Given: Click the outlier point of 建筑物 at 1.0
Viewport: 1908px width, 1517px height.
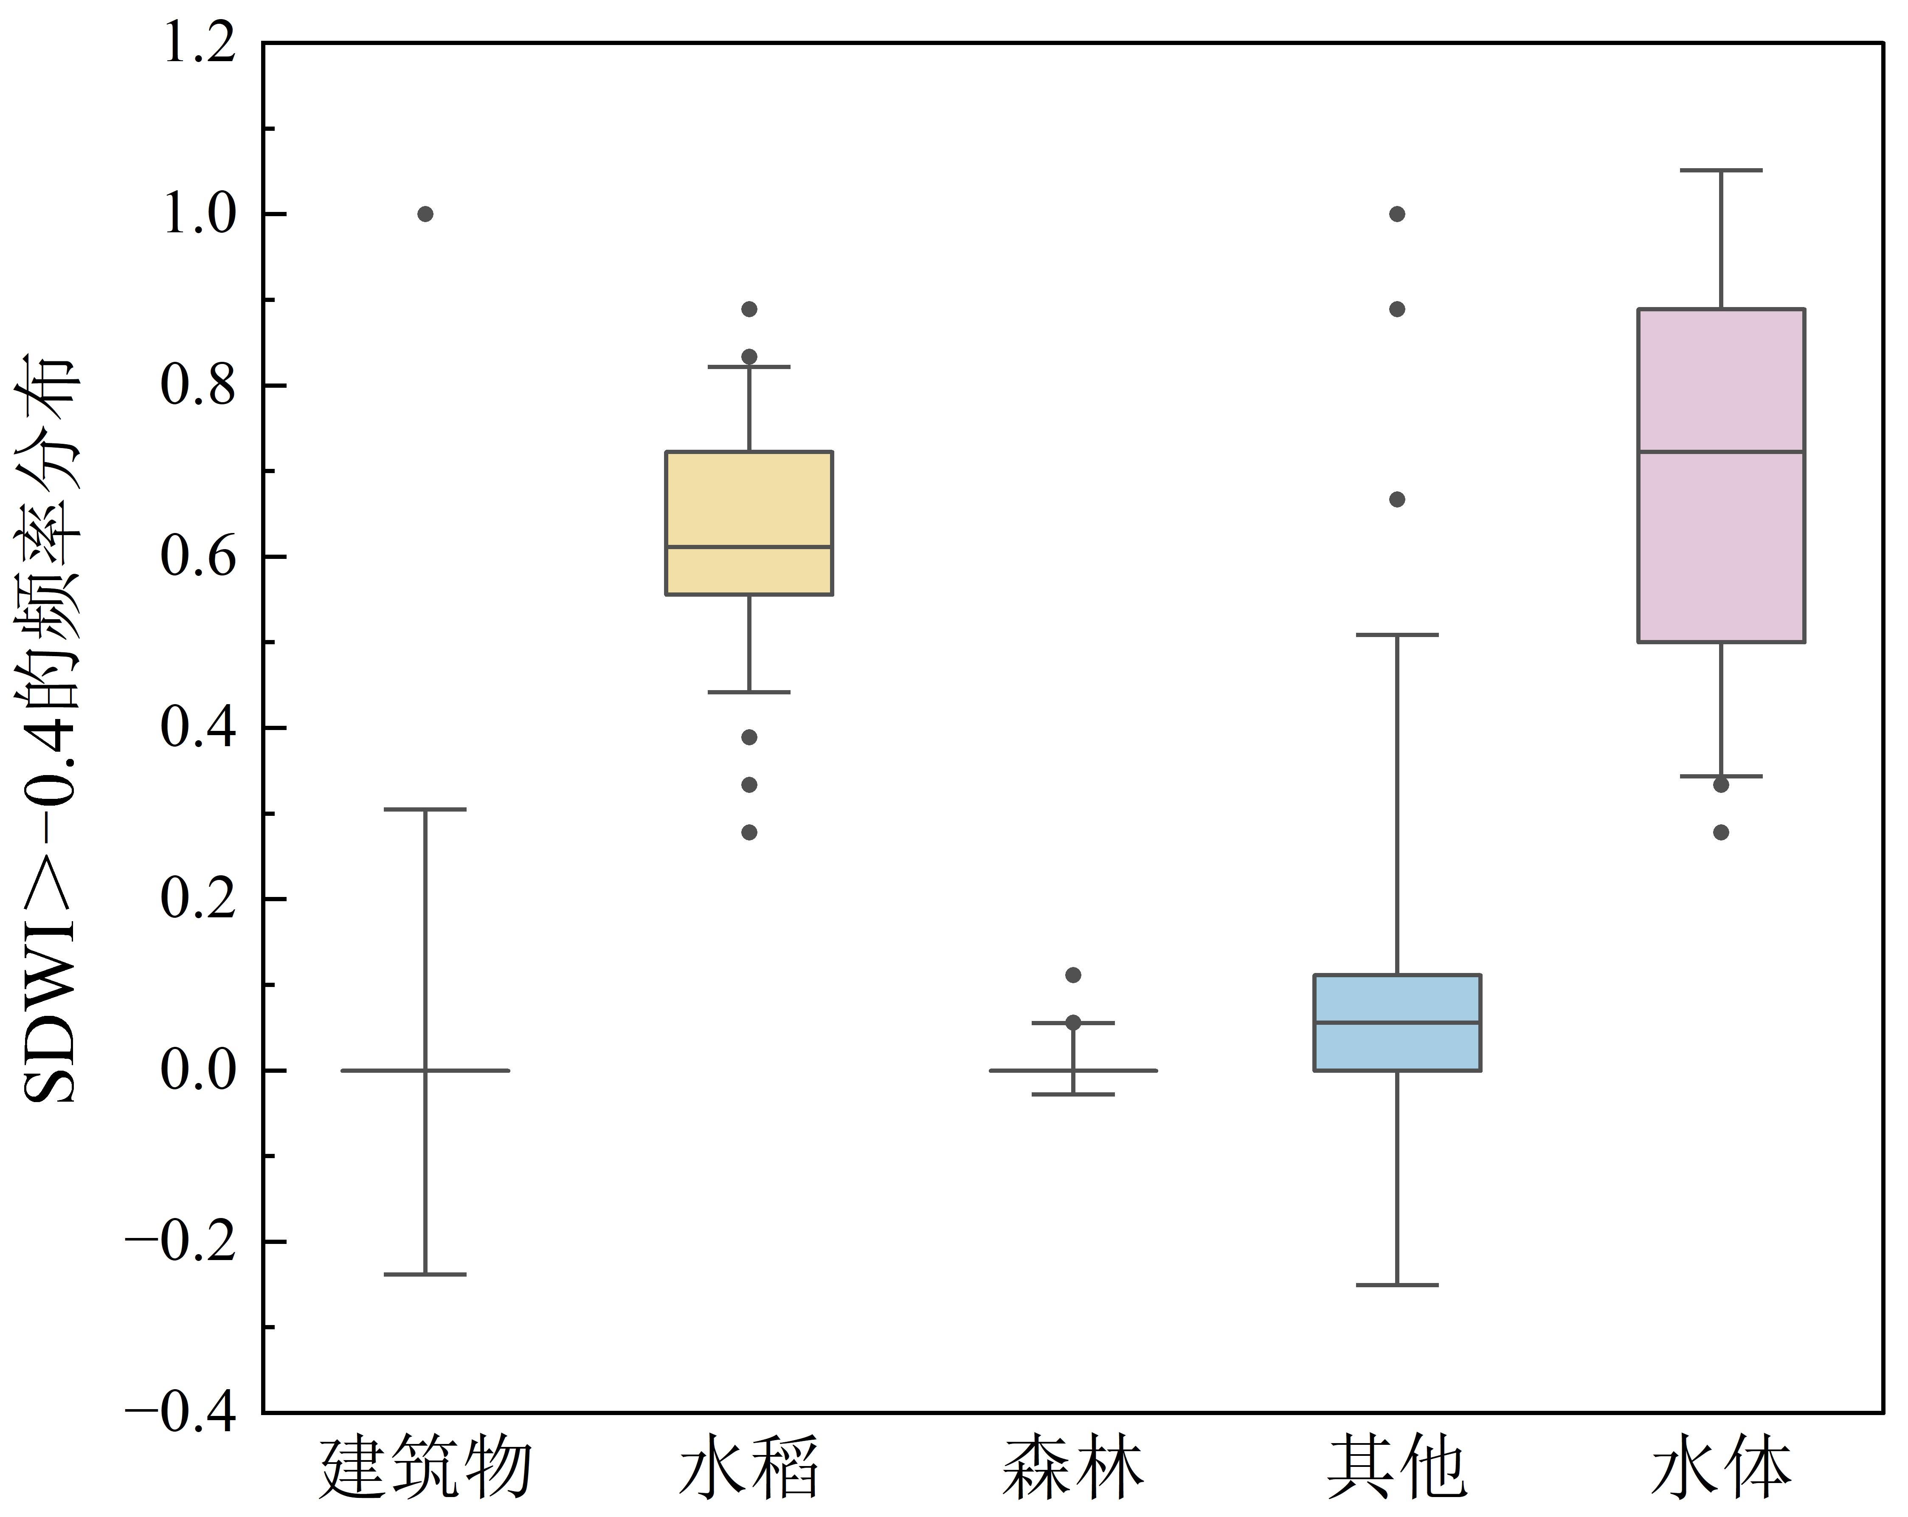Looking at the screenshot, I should [425, 214].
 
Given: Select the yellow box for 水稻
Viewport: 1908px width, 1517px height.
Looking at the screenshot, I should [749, 522].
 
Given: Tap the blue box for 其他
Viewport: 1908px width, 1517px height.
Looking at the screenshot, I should [1397, 1022].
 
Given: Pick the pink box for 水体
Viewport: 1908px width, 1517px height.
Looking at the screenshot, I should [1721, 475].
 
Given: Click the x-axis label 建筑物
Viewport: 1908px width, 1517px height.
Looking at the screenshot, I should [425, 1469].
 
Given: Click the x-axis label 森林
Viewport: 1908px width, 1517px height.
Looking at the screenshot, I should [1072, 1469].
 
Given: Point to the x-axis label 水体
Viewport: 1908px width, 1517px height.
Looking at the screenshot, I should [1721, 1469].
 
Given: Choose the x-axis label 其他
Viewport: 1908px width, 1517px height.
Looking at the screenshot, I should [1397, 1469].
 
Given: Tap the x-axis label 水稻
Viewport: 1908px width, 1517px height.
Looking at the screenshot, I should [749, 1469].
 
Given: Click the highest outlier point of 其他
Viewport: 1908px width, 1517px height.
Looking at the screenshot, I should [1397, 214].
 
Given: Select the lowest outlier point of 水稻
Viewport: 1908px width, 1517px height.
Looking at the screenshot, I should [749, 832].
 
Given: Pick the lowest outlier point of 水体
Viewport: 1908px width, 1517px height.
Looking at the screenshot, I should [1721, 832].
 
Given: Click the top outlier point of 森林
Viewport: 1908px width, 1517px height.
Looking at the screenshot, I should [1072, 974].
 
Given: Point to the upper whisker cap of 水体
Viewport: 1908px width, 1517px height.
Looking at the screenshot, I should [1721, 170].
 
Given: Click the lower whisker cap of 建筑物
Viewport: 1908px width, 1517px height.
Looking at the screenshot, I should [425, 1275].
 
